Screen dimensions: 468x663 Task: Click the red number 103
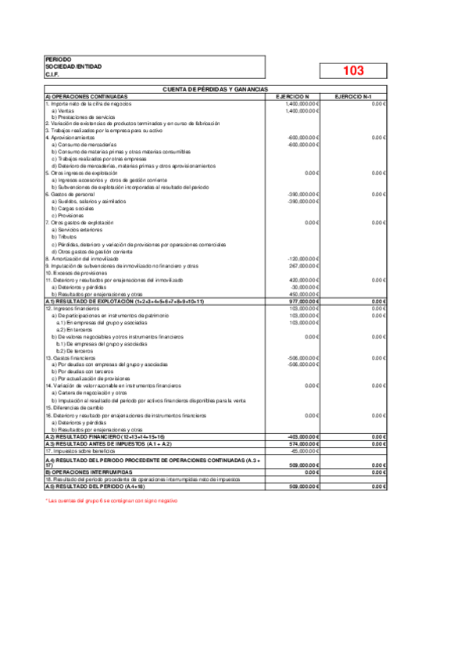click(353, 70)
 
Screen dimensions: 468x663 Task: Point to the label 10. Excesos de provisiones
click(77, 273)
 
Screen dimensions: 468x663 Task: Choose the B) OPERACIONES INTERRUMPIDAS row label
click(89, 472)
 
